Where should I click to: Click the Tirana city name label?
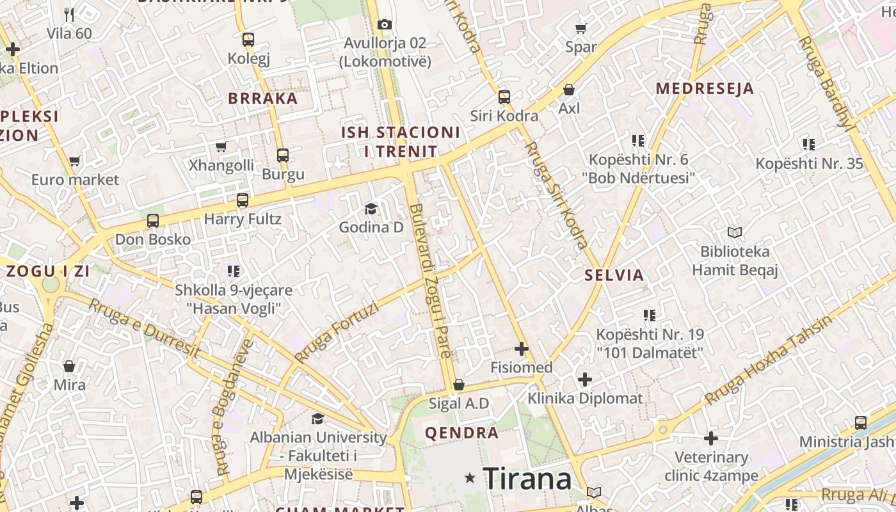[x=527, y=478]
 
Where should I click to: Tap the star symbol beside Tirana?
[x=470, y=478]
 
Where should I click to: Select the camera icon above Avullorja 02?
[x=384, y=24]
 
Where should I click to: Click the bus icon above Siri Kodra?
[x=504, y=97]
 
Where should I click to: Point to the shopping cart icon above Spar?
[x=580, y=28]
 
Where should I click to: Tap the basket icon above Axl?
[x=569, y=90]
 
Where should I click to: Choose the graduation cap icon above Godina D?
[x=371, y=209]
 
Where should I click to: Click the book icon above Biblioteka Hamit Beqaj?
[x=735, y=233]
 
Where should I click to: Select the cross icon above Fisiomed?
[x=522, y=349]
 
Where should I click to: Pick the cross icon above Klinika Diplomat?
[x=584, y=380]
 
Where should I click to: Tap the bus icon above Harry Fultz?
[x=243, y=200]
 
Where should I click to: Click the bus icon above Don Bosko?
[x=153, y=221]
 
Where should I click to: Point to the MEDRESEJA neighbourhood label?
[x=705, y=88]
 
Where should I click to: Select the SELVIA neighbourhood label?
[x=614, y=275]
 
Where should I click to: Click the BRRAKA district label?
[x=263, y=99]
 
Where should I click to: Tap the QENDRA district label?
[x=461, y=433]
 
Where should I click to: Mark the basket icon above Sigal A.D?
[x=458, y=385]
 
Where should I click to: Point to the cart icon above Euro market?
[x=75, y=161]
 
